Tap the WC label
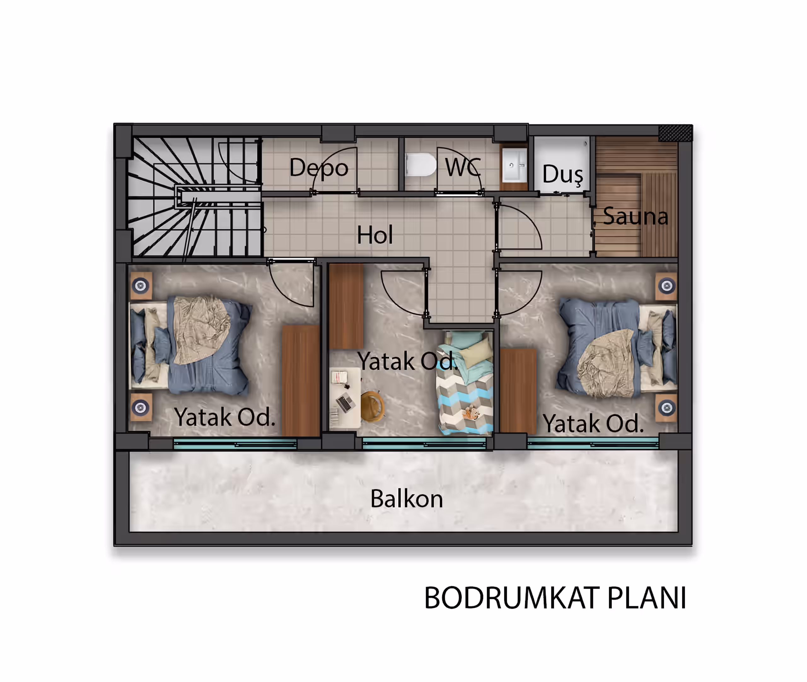point(463,167)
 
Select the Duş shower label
point(563,174)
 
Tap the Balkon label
point(406,499)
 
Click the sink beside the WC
point(514,165)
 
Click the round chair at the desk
point(372,406)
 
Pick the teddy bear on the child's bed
point(471,413)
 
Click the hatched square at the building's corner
point(676,133)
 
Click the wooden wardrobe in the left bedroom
point(300,381)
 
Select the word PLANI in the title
point(647,598)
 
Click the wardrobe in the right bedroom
point(518,391)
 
